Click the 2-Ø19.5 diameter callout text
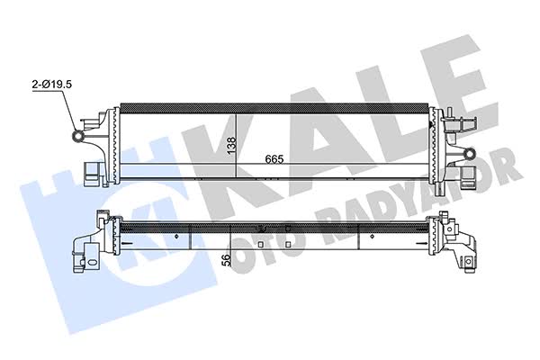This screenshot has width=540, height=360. click(51, 84)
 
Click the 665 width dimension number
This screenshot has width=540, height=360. click(274, 159)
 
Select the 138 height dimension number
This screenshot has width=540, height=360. click(231, 145)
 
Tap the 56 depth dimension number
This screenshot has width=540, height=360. click(226, 260)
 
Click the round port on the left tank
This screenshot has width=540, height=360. click(78, 136)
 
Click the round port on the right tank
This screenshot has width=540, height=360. click(469, 153)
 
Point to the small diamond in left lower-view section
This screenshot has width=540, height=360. click(177, 237)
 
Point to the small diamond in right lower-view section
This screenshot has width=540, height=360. click(372, 237)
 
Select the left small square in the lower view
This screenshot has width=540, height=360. click(261, 244)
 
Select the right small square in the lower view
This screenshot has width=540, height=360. click(288, 244)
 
